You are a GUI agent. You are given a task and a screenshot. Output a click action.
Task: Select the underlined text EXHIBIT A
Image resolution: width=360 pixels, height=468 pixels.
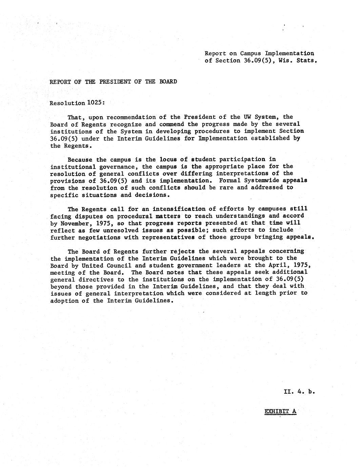(280, 412)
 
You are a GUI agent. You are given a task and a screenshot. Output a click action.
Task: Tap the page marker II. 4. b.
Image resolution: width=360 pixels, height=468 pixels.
(299, 392)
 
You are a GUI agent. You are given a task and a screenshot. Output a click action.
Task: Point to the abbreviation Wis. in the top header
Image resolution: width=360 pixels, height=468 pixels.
(285, 61)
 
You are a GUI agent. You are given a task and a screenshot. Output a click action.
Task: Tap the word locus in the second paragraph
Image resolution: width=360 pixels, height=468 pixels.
(168, 159)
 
